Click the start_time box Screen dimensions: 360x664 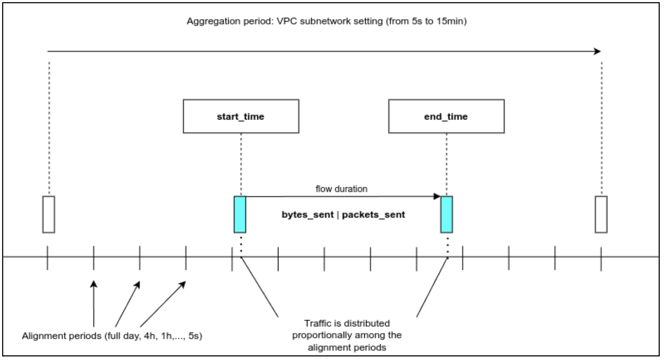pos(241,117)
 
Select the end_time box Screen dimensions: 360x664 pos(446,117)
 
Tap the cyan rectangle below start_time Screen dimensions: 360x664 pos(240,214)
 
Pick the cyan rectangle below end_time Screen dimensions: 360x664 pos(446,214)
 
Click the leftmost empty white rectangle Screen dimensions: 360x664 pos(49,214)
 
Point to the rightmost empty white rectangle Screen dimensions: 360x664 pos(601,214)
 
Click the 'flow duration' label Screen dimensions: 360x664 pos(341,189)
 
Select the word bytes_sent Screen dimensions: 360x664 pos(307,215)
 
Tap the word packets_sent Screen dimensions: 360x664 pos(373,215)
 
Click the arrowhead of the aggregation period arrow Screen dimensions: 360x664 pos(598,51)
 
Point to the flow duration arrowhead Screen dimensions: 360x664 pos(437,197)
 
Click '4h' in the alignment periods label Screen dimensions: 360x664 pos(149,336)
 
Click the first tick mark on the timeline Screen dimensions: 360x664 pos(47,257)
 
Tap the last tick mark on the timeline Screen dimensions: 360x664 pos(601,257)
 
